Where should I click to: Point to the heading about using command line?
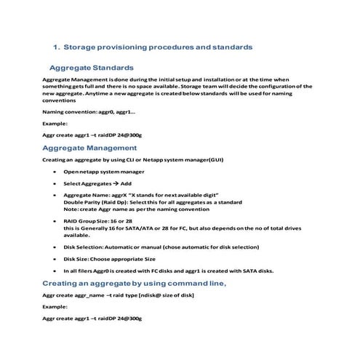click(x=135, y=283)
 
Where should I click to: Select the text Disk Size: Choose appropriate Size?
click(x=110, y=258)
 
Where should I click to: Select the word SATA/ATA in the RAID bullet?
click(x=137, y=228)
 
